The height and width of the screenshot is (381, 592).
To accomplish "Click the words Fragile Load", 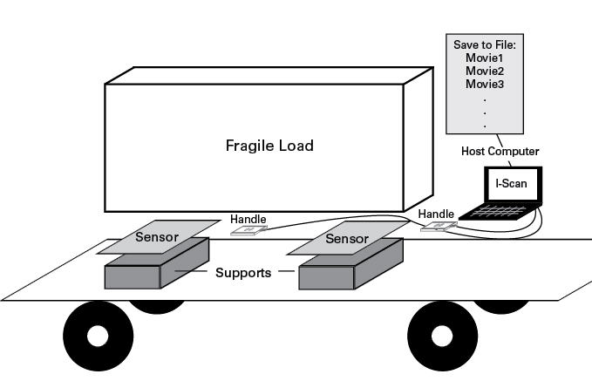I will pyautogui.click(x=270, y=146).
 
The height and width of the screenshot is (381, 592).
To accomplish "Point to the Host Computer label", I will pyautogui.click(x=500, y=152).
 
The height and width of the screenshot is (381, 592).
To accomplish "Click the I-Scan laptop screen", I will pyautogui.click(x=512, y=184).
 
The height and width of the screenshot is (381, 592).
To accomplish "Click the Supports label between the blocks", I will pyautogui.click(x=244, y=273).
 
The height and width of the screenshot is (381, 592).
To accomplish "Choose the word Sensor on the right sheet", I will pyautogui.click(x=346, y=237).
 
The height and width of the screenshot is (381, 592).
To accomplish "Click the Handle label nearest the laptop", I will pyautogui.click(x=436, y=214).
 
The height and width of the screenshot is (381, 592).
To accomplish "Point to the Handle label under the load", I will pyautogui.click(x=248, y=220).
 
